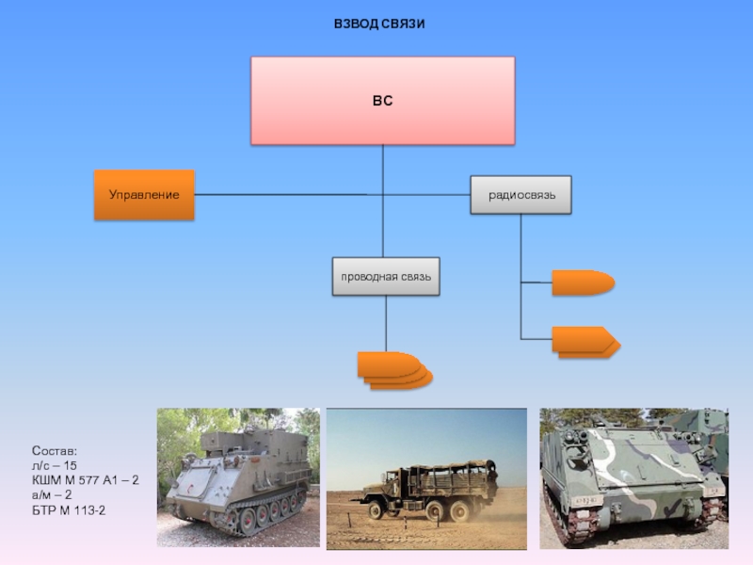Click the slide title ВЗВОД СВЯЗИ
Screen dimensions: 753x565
(379, 24)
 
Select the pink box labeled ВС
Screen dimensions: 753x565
(383, 101)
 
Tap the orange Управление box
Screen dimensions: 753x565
(144, 195)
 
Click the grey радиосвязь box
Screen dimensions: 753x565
(521, 195)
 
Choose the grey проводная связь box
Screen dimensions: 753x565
(386, 276)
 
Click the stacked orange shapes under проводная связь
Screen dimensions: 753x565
(394, 370)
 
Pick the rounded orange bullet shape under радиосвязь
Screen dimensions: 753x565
(583, 282)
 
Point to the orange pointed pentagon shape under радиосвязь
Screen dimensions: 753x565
(585, 342)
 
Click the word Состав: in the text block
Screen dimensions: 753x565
(55, 451)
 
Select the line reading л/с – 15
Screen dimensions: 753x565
(55, 465)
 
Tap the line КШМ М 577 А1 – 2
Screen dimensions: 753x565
(85, 480)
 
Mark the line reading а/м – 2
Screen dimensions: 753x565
(52, 495)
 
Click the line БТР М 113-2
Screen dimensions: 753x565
(69, 509)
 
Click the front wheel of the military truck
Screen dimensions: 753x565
(375, 509)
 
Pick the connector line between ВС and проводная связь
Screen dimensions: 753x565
(383, 201)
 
